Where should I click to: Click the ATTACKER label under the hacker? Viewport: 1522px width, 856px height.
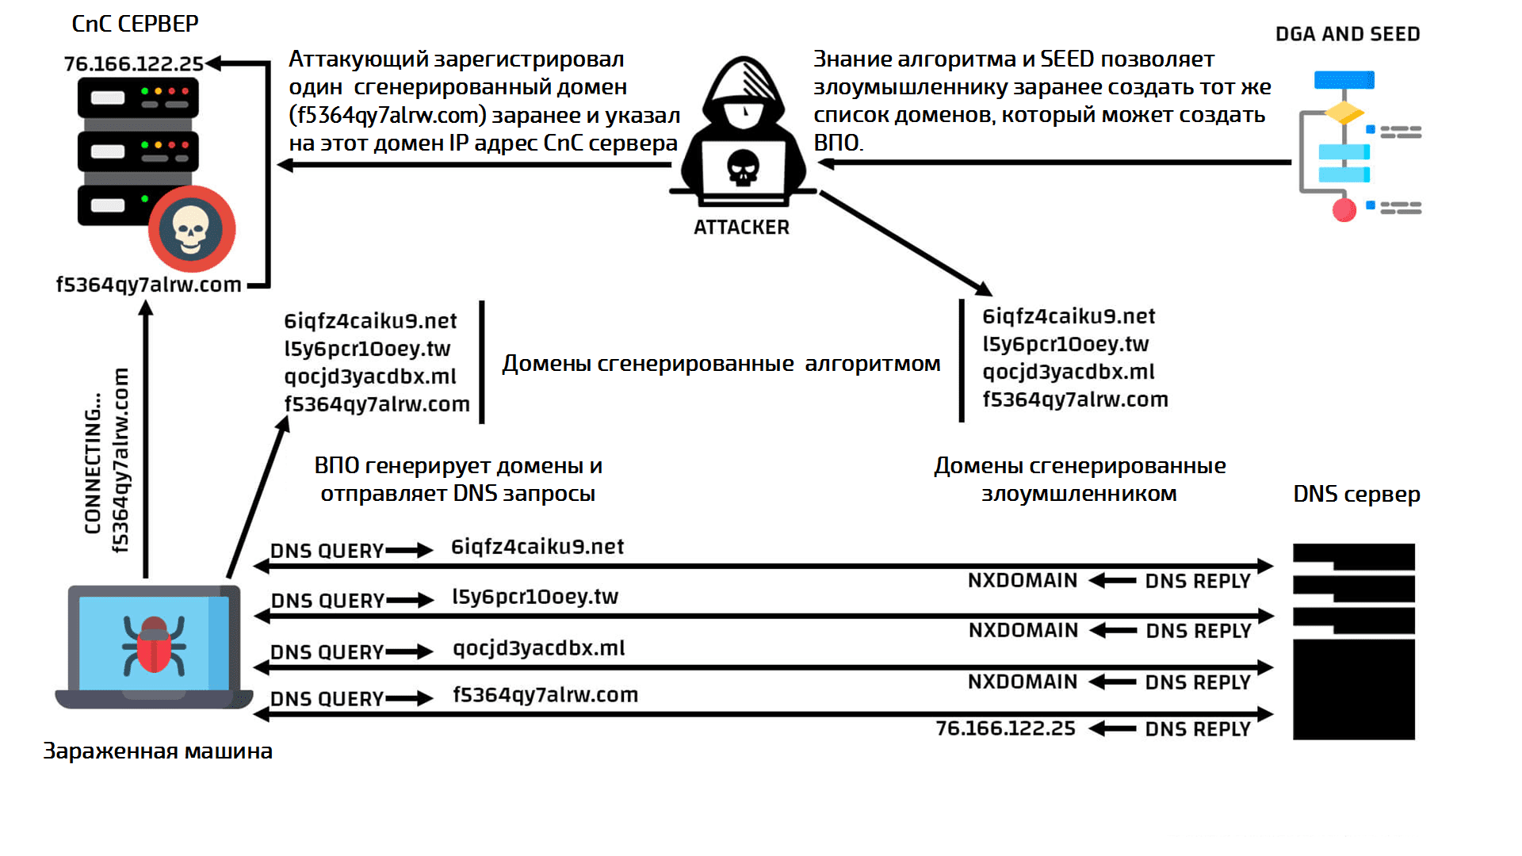click(741, 227)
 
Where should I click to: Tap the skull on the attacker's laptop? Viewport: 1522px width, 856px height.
click(743, 167)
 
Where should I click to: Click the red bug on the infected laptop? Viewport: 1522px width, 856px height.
click(154, 644)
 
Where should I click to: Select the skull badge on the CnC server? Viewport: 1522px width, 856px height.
click(192, 229)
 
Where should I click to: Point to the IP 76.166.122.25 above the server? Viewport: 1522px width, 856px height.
click(133, 63)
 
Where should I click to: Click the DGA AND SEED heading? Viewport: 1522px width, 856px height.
click(1347, 34)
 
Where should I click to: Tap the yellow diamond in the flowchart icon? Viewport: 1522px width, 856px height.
click(1344, 112)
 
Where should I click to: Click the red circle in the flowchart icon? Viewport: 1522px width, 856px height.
click(1344, 210)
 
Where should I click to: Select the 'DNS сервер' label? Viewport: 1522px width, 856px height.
click(1356, 494)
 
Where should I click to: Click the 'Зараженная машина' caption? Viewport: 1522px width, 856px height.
click(158, 751)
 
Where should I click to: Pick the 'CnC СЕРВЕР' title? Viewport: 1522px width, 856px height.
click(135, 24)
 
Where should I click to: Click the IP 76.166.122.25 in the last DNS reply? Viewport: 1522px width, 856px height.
click(1005, 728)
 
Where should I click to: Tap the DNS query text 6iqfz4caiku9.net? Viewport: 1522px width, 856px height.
click(537, 547)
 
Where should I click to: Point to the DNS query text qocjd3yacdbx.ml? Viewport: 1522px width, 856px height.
click(539, 648)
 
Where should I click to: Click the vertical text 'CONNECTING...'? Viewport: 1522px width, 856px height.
click(94, 463)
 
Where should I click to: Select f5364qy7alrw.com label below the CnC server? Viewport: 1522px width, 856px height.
click(148, 285)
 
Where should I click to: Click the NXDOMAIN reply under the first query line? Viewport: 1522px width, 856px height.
click(1023, 581)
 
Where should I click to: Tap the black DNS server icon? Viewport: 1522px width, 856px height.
click(1353, 642)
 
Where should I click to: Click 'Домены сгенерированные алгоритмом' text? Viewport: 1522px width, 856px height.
click(721, 364)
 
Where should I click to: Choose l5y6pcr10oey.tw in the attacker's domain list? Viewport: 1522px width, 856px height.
click(1065, 344)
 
